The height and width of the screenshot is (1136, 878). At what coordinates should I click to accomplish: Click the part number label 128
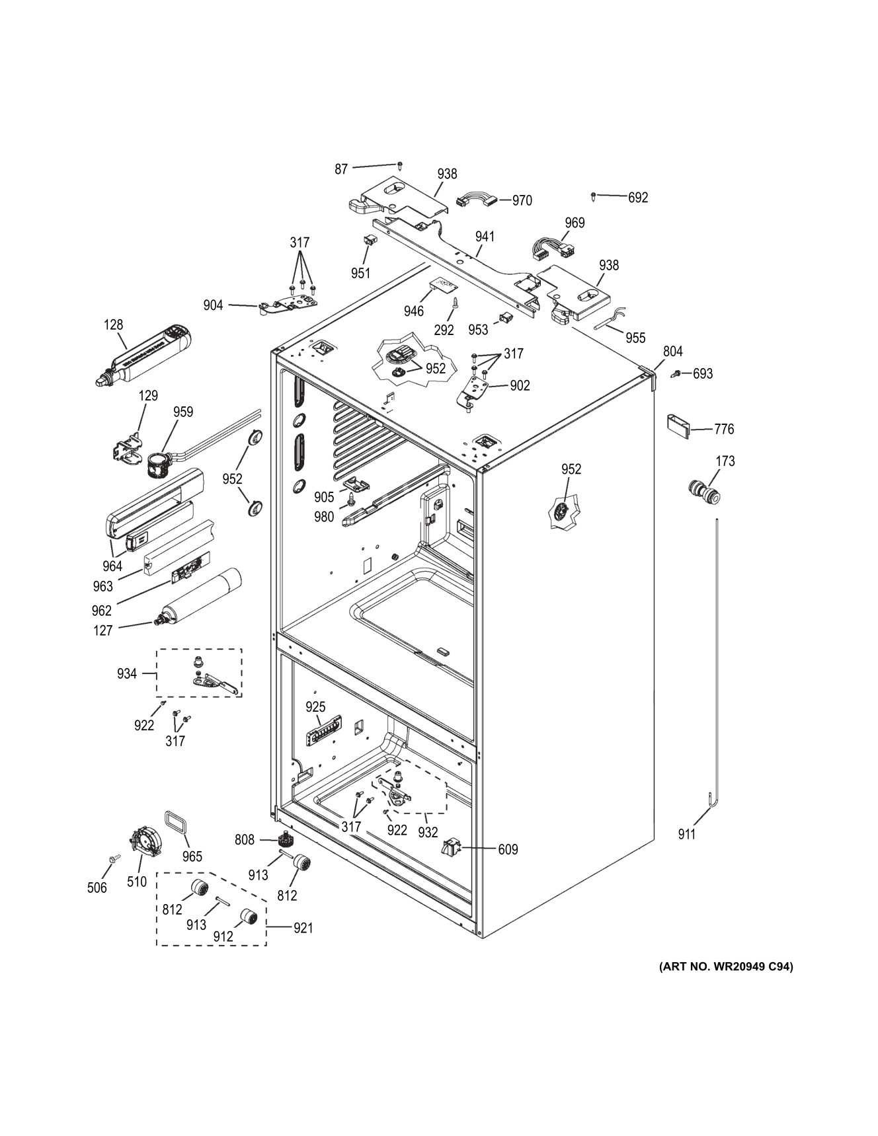113,324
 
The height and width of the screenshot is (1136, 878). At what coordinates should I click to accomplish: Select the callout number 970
522,200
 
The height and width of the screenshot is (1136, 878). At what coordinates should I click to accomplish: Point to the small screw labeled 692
594,196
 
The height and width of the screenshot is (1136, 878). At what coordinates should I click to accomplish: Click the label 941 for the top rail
485,236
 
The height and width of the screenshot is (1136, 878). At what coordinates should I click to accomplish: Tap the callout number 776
724,429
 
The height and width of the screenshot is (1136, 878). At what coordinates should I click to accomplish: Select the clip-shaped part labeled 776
678,425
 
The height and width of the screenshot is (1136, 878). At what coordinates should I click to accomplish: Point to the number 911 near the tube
687,835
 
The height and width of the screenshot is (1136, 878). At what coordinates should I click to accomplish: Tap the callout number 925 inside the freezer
315,707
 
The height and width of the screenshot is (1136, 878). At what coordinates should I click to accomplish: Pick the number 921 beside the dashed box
303,928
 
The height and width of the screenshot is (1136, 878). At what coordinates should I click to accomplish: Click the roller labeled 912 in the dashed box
249,917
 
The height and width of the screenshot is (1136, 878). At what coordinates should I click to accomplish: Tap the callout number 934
127,673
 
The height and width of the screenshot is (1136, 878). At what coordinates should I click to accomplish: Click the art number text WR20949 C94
725,967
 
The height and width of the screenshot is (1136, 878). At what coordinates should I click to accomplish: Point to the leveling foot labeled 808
286,840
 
